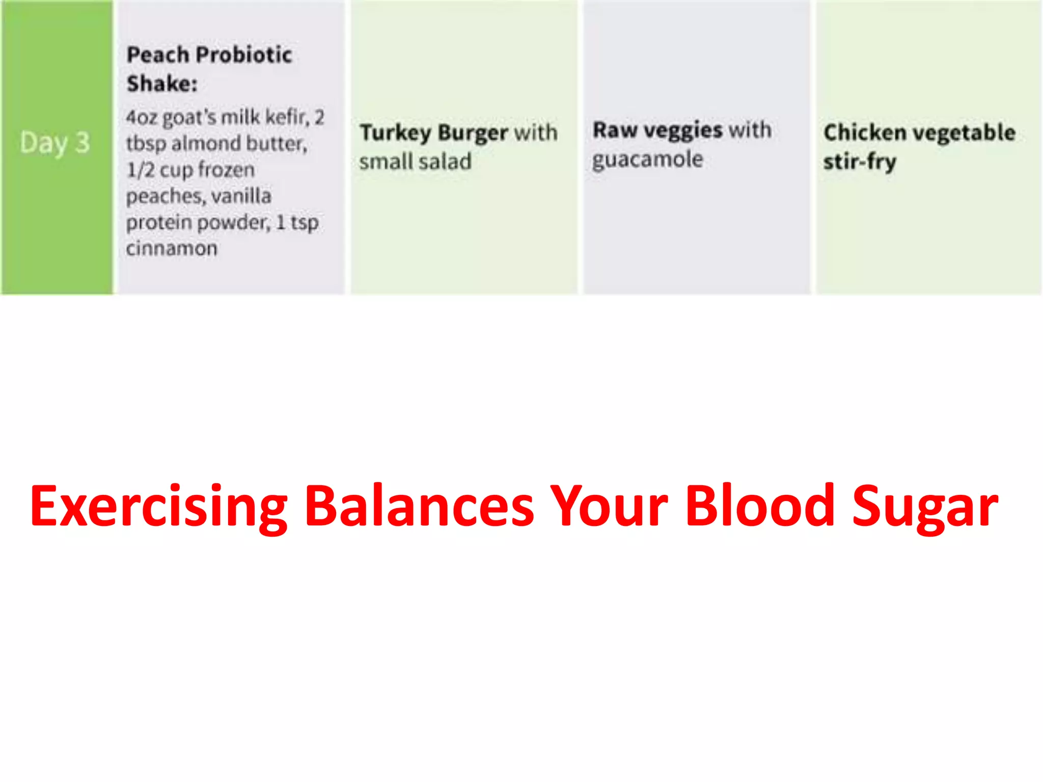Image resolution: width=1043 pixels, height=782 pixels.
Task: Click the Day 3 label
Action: (x=55, y=143)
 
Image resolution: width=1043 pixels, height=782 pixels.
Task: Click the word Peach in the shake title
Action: (x=157, y=54)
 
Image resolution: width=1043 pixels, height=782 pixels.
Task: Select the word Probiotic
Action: (x=244, y=54)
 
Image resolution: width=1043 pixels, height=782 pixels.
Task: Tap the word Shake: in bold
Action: (x=162, y=83)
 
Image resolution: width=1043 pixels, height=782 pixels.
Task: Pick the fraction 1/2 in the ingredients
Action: (x=140, y=170)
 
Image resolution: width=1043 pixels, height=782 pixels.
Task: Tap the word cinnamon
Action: (x=172, y=248)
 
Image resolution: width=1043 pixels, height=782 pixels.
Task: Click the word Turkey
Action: (x=395, y=133)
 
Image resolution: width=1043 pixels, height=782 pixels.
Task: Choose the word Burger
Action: (x=473, y=133)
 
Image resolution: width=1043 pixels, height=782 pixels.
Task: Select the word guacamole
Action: (x=647, y=160)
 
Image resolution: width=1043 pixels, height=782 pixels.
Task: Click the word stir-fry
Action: (x=860, y=162)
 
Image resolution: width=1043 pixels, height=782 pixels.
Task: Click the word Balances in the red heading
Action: (x=419, y=507)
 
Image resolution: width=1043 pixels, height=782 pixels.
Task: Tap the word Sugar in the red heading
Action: (x=925, y=507)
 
